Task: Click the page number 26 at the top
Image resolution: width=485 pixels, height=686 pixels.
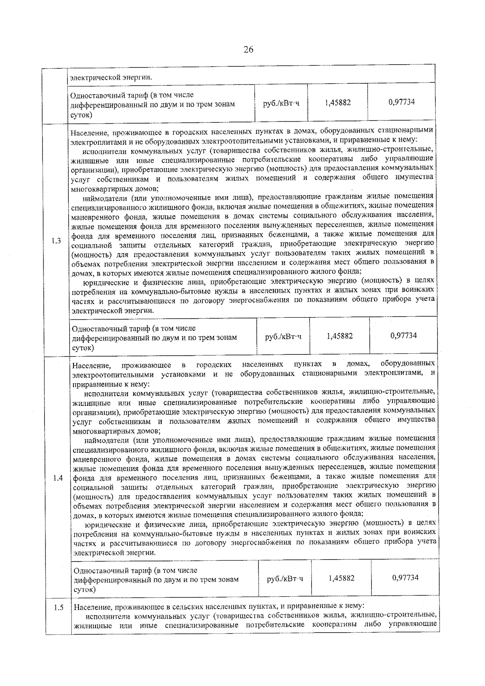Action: (x=248, y=50)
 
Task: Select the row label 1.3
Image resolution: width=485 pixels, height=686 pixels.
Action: (x=56, y=241)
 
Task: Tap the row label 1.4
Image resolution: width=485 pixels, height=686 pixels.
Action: (x=58, y=478)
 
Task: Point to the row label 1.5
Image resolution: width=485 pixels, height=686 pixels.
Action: (x=58, y=608)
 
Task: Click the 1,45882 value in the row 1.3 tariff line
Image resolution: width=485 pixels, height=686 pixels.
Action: (x=339, y=336)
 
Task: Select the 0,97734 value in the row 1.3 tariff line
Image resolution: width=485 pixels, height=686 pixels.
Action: (x=403, y=336)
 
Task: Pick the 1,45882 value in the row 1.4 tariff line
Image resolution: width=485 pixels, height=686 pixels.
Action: (x=341, y=578)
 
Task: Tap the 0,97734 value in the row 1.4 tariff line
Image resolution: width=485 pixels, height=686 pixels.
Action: (x=405, y=577)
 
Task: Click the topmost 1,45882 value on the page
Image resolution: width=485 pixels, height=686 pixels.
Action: (x=337, y=103)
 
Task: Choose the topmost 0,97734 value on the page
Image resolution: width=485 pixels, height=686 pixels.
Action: (x=401, y=102)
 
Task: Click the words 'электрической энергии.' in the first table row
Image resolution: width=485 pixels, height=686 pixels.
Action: (x=111, y=78)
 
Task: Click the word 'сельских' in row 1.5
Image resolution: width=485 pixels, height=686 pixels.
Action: (x=190, y=607)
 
